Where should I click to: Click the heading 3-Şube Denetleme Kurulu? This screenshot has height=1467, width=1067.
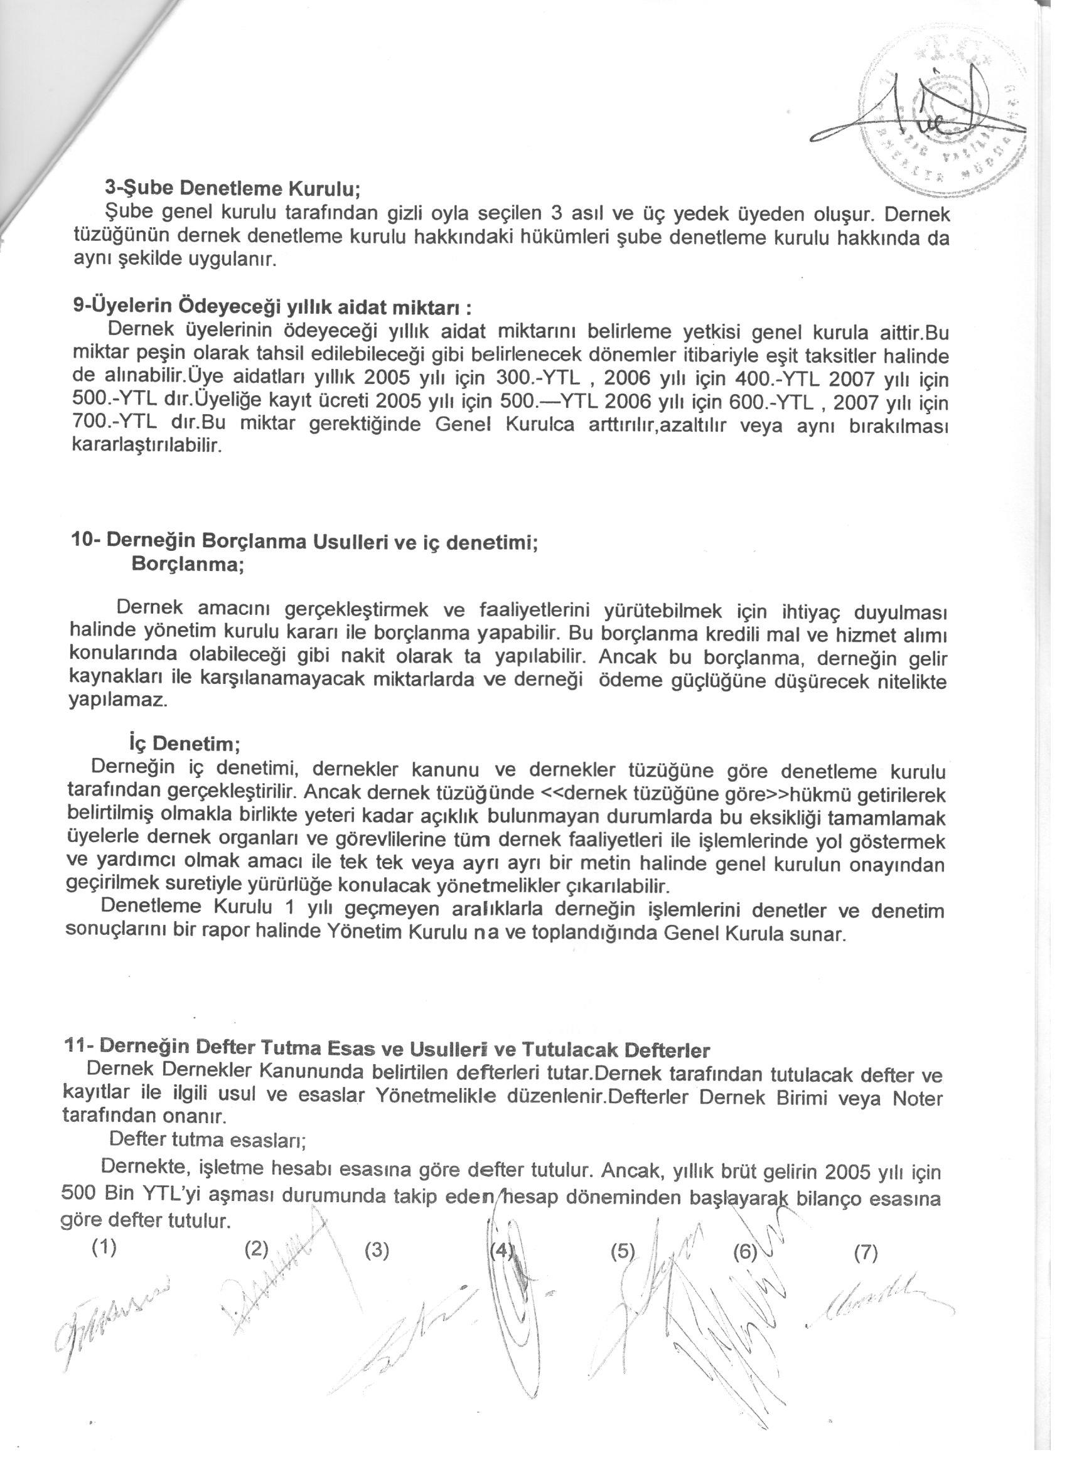coord(232,188)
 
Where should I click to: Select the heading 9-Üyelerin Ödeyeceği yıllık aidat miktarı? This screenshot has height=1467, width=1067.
coord(276,305)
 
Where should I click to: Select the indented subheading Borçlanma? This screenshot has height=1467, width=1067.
coord(188,563)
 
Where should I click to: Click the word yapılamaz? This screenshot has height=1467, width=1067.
coord(118,701)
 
